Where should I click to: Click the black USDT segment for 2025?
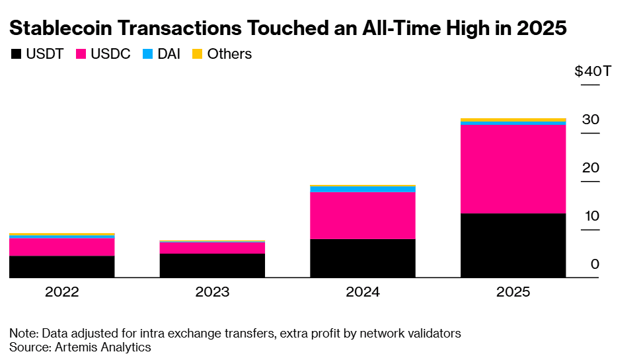513,245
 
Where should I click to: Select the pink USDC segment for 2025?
513,169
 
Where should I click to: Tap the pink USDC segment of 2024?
362,215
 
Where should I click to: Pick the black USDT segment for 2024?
362,258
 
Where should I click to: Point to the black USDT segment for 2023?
212,265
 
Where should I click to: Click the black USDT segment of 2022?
62,266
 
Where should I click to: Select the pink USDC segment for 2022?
62,247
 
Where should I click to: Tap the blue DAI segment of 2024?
362,190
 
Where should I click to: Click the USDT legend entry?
37,54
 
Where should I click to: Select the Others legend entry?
222,54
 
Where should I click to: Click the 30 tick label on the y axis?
590,120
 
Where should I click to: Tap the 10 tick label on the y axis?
590,216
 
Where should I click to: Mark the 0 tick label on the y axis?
595,264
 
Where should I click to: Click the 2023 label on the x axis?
212,292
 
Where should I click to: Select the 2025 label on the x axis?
513,292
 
